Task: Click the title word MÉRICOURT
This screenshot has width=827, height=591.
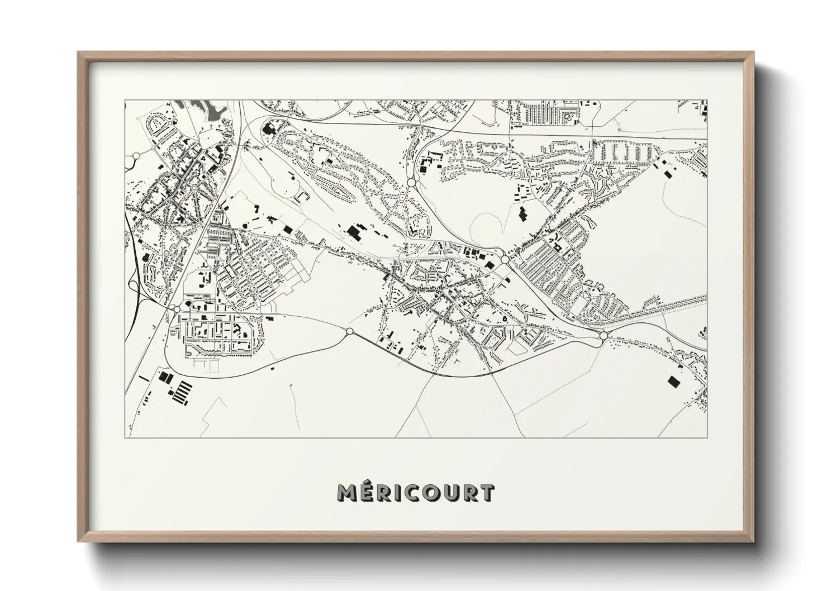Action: (416, 493)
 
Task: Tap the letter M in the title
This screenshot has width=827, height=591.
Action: (348, 493)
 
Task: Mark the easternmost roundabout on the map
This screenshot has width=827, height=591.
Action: (603, 335)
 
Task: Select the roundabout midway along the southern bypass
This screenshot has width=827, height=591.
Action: (350, 332)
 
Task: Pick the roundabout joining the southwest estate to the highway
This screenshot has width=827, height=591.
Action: (177, 309)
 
